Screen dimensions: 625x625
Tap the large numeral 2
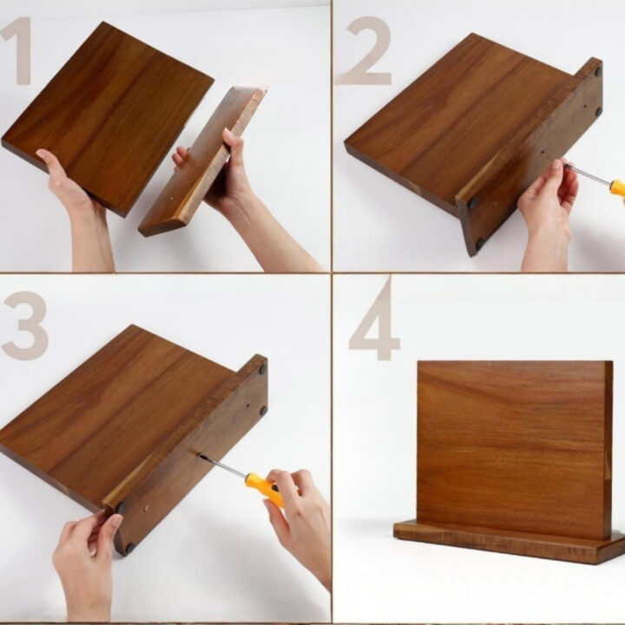(x=365, y=51)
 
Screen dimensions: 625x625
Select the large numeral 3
(x=24, y=326)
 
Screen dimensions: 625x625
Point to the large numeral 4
(x=375, y=319)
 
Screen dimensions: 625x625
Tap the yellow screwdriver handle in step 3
(x=265, y=488)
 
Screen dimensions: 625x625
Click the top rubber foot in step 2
(x=598, y=72)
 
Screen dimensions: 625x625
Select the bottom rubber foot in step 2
(x=480, y=243)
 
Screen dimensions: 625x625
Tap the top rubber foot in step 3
(x=263, y=369)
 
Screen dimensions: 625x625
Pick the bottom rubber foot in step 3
(x=130, y=548)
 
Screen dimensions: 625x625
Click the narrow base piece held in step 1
(x=203, y=161)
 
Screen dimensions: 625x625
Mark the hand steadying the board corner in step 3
(x=86, y=566)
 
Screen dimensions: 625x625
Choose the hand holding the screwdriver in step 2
(x=548, y=211)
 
